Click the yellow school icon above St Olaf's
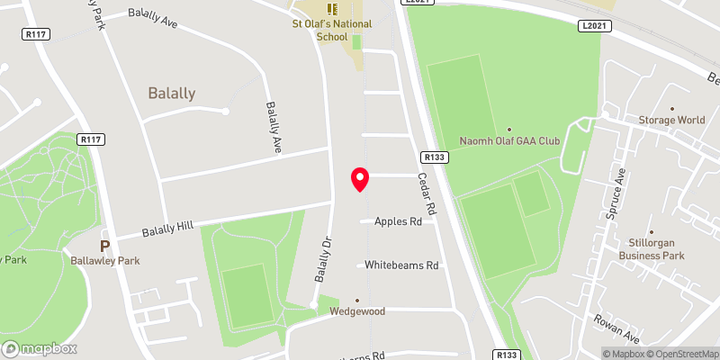[333, 10]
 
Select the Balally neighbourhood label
[171, 93]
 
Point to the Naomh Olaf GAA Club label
[510, 141]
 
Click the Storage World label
[671, 120]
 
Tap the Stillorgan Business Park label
[658, 248]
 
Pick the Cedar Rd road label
[427, 193]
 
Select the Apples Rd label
[398, 220]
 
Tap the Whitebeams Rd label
[401, 265]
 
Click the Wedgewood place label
[356, 311]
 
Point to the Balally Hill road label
[169, 229]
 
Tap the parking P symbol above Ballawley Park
[105, 245]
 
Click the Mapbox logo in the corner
[40, 349]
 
